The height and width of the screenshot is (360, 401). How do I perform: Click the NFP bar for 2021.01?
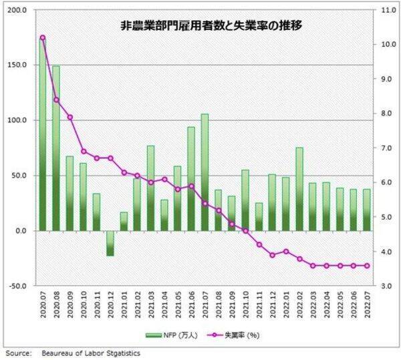pyautogui.click(x=124, y=221)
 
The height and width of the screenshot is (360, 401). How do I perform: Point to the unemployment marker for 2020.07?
pyautogui.click(x=43, y=38)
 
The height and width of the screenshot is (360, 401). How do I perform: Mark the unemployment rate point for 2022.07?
pyautogui.click(x=366, y=266)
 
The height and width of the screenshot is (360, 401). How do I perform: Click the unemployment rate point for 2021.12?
pyautogui.click(x=272, y=255)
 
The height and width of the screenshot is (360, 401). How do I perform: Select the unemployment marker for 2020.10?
pyautogui.click(x=84, y=152)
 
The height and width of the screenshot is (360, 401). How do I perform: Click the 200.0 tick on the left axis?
pyautogui.click(x=18, y=11)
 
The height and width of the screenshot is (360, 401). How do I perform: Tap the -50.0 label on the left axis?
pyautogui.click(x=18, y=286)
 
